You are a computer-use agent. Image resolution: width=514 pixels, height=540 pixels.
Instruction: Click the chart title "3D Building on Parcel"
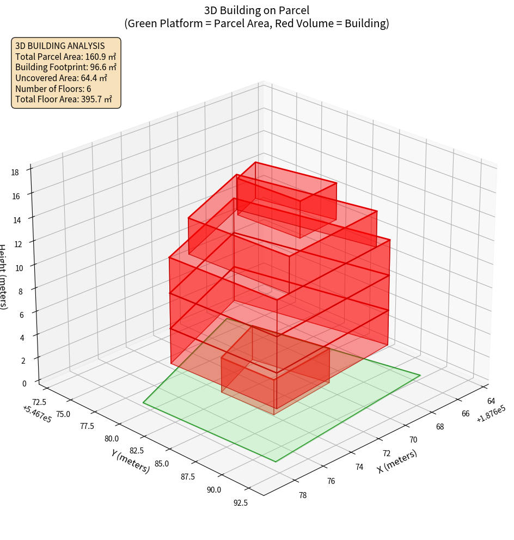pyautogui.click(x=256, y=10)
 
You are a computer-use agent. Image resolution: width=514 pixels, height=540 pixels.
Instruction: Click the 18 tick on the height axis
pyautogui.click(x=15, y=173)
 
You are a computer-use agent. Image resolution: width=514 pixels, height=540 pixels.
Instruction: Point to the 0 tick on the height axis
pyautogui.click(x=25, y=383)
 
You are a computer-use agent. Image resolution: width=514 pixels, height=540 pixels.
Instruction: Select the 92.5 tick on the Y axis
pyautogui.click(x=240, y=502)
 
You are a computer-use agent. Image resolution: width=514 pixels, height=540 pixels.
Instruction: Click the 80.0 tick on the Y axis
pyautogui.click(x=112, y=439)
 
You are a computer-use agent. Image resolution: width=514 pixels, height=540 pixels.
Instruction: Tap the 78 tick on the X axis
pyautogui.click(x=302, y=495)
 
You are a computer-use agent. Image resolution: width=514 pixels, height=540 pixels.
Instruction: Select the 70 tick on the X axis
pyautogui.click(x=413, y=439)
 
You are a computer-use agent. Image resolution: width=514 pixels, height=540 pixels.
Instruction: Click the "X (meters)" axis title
pyautogui.click(x=397, y=462)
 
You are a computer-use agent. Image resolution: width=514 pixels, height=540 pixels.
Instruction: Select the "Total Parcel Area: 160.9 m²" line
pyautogui.click(x=66, y=57)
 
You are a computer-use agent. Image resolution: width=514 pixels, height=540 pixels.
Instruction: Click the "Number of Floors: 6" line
pyautogui.click(x=53, y=89)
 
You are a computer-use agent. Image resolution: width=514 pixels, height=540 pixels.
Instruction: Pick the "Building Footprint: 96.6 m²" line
pyautogui.click(x=66, y=67)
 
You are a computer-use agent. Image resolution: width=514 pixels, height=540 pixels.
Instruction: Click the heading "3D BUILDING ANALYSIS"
pyautogui.click(x=60, y=46)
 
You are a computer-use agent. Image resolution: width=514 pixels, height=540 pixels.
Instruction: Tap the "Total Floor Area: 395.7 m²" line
pyautogui.click(x=64, y=99)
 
